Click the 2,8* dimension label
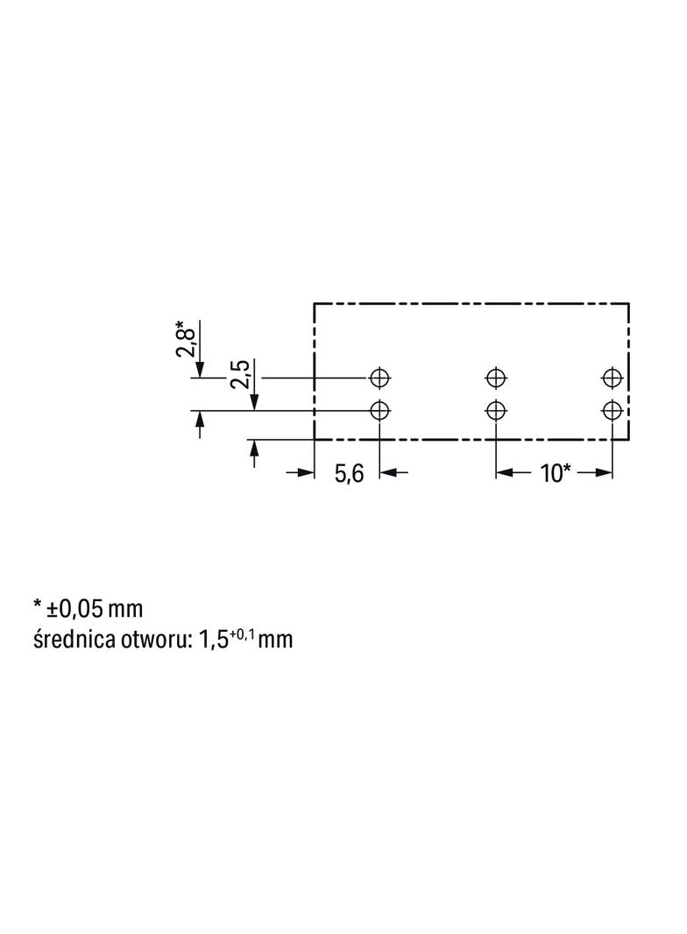coord(184,339)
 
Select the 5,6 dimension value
coord(349,474)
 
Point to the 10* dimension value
coord(556,473)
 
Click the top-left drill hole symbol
coord(379,378)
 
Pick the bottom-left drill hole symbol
coord(379,410)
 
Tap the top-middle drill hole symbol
coord(496,378)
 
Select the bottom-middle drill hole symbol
coord(496,410)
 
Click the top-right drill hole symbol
coord(612,378)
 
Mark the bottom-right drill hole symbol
coord(612,410)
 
